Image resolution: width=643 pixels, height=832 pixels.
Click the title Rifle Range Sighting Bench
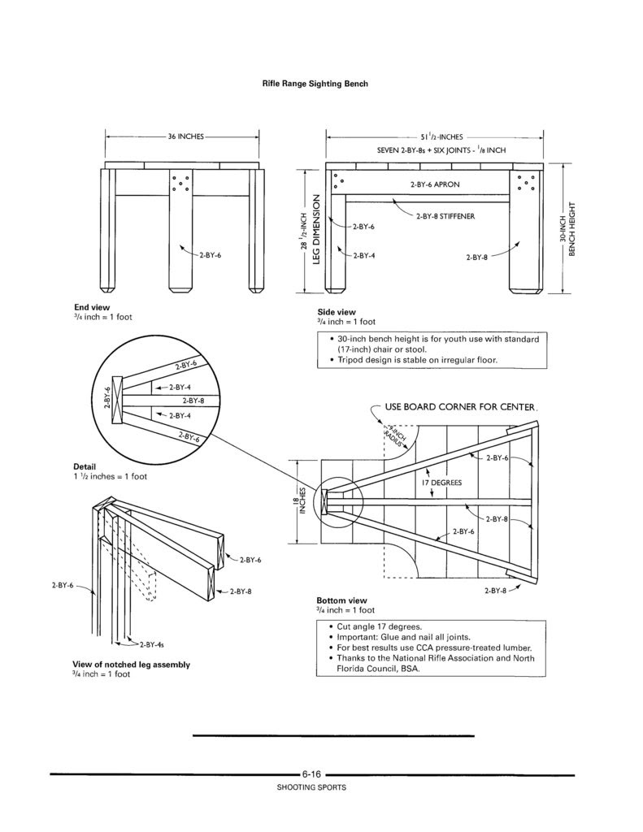315,84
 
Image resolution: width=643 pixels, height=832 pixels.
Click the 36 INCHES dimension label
186,136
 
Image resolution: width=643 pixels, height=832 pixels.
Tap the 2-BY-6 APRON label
435,184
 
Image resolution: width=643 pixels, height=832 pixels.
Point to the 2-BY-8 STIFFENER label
445,216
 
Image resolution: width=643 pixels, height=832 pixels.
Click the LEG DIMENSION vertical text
316,228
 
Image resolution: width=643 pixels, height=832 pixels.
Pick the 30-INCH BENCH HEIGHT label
567,228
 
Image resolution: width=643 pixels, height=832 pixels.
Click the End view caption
92,307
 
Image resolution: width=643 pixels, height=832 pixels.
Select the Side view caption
337,312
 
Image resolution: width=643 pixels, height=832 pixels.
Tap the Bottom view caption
341,600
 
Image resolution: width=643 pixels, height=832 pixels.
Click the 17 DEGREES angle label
441,483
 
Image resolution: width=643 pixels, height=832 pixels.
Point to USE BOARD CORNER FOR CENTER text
460,407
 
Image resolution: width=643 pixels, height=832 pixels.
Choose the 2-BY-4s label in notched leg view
152,644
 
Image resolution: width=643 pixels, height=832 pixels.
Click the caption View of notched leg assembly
131,665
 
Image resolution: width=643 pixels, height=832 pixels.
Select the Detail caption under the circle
85,467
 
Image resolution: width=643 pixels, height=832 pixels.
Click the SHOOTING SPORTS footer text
311,787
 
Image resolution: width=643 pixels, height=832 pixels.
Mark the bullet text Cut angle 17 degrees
379,626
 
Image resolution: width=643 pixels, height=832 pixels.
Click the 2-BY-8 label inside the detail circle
193,401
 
